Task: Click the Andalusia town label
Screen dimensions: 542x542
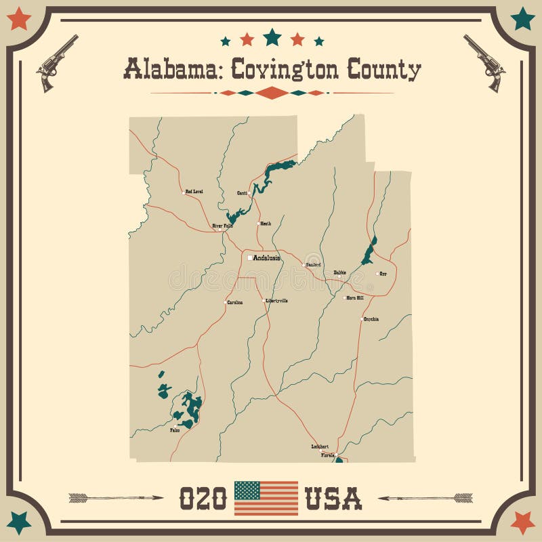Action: tap(268, 257)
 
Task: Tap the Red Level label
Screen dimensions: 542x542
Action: tap(194, 192)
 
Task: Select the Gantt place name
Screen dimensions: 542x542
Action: tap(242, 193)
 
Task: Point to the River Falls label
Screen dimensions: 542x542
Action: tap(222, 226)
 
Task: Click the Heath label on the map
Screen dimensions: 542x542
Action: tap(265, 224)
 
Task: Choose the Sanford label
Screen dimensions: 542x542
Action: tap(313, 264)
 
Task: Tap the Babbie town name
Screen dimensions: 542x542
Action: tap(339, 272)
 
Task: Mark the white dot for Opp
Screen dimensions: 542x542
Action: tap(377, 274)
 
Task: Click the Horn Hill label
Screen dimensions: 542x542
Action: tap(355, 297)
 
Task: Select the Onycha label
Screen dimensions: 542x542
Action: tap(371, 318)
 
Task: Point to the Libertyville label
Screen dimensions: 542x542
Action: tap(276, 301)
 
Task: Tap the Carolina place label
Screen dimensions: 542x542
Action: tap(234, 302)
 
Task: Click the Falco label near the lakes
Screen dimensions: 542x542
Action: tap(175, 430)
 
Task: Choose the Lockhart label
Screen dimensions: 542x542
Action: tap(319, 446)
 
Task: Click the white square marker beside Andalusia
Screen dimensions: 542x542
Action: tap(249, 257)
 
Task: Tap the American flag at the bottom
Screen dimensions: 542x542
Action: tap(266, 498)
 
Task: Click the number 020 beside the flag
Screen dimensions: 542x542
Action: tap(203, 499)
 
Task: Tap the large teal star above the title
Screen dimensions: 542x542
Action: tap(272, 36)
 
